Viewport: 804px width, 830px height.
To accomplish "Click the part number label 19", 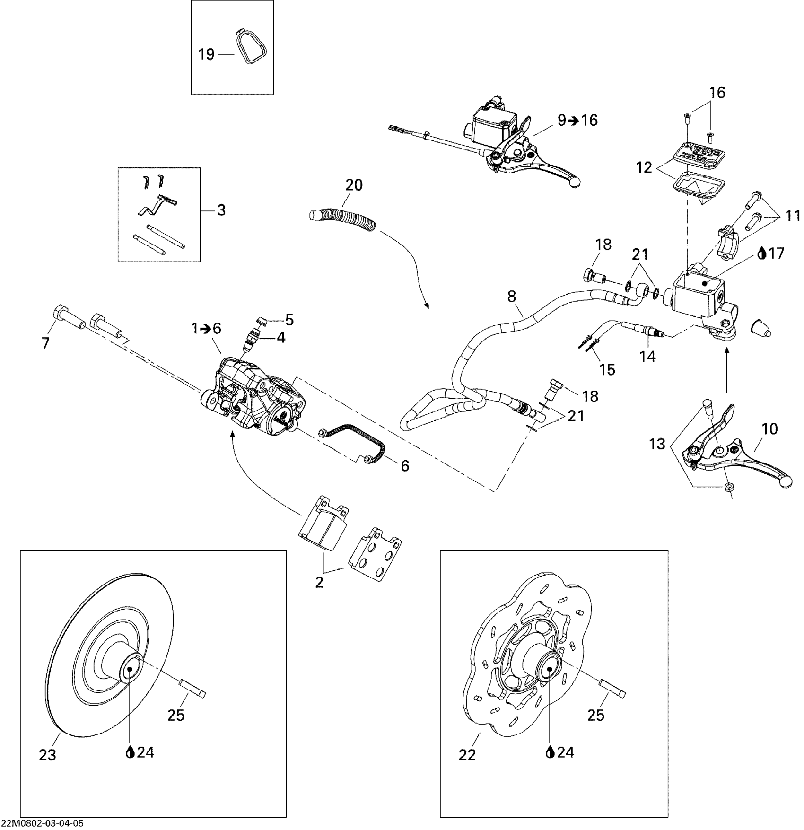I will (206, 54).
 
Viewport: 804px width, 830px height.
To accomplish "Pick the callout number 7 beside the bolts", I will (45, 342).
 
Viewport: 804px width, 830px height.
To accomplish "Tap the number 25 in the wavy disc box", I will (595, 715).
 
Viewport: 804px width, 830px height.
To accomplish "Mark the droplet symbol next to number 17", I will (761, 254).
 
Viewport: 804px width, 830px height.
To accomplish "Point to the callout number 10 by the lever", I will (769, 429).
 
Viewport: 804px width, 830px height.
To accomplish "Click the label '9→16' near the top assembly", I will (577, 120).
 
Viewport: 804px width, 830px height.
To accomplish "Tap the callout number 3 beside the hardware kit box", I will (221, 210).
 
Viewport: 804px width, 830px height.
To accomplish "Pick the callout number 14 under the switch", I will (647, 356).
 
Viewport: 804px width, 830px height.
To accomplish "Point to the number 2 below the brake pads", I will (319, 582).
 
